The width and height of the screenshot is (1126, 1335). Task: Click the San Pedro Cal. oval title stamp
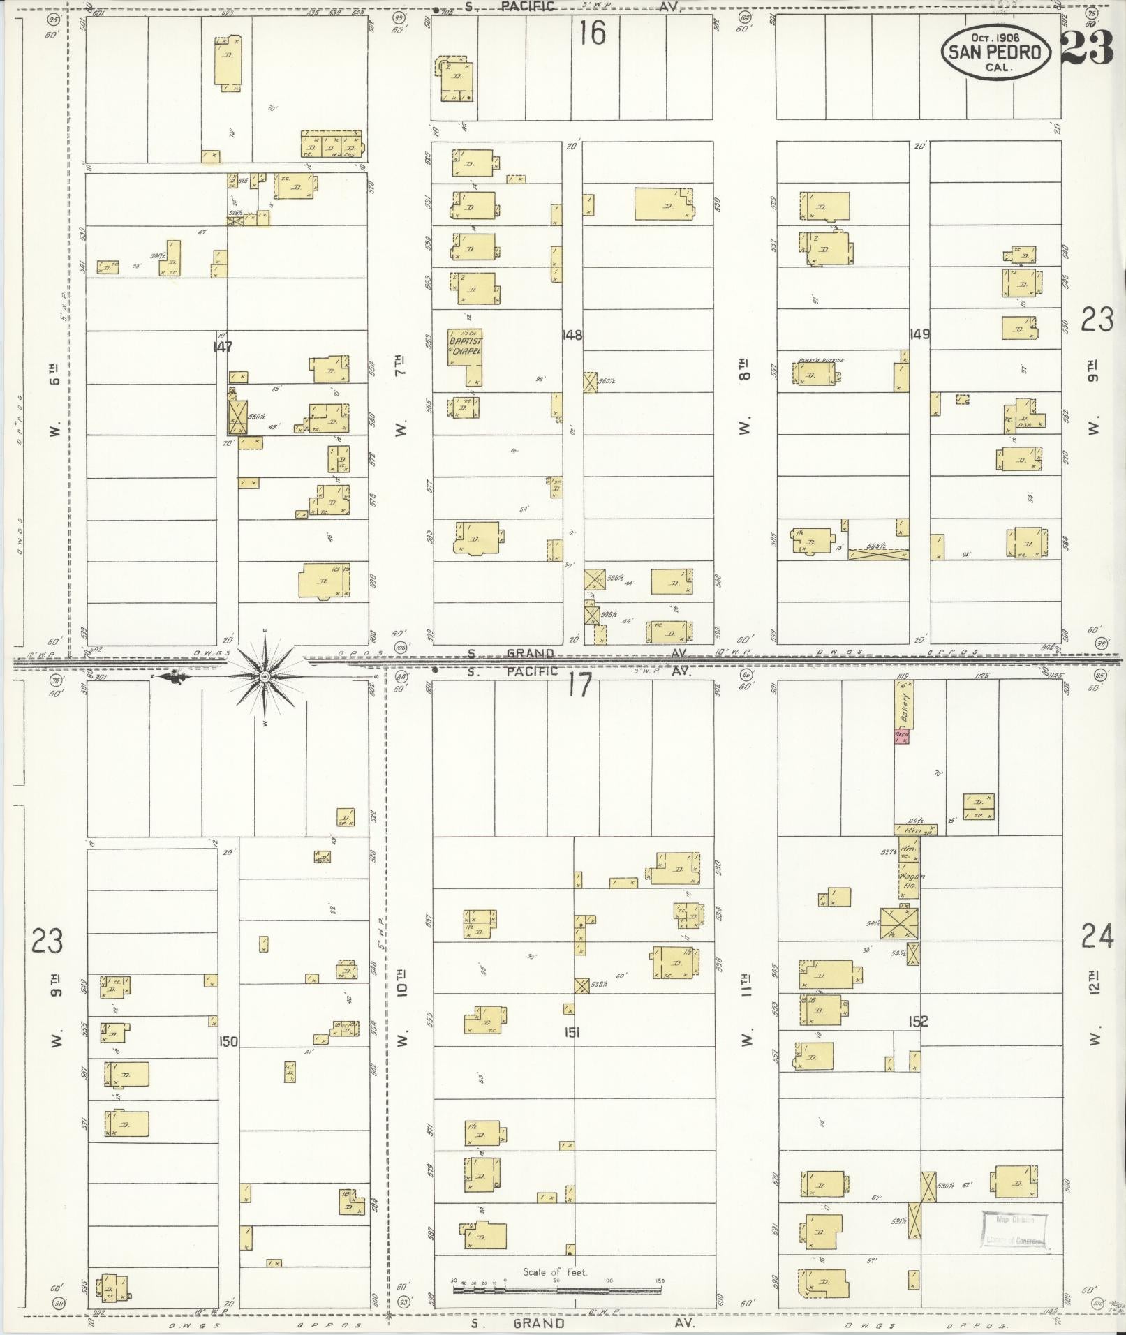coord(996,51)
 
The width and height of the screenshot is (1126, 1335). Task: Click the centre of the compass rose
coord(265,677)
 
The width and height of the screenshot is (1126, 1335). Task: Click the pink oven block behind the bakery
coord(902,736)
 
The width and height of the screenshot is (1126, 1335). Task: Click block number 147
coord(223,346)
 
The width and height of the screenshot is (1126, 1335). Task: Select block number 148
coord(572,335)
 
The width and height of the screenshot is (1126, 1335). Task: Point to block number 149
coord(919,334)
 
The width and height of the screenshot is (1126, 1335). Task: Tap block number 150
coord(228,1041)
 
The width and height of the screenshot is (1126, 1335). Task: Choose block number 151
coord(573,1033)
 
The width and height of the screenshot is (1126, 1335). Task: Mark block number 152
coord(918,1022)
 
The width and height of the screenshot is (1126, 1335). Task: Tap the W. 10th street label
coord(402,1006)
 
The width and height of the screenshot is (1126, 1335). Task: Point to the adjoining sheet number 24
coord(1097,936)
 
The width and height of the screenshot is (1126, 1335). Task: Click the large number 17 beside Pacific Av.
coord(579,685)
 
